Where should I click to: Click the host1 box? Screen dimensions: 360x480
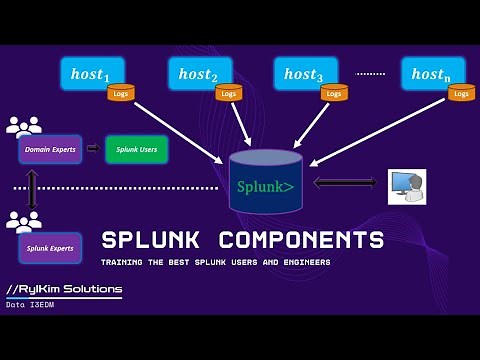(x=95, y=73)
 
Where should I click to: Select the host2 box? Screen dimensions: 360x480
(x=198, y=73)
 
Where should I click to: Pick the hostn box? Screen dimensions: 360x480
(x=431, y=73)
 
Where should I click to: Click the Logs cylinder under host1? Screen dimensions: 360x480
(x=120, y=93)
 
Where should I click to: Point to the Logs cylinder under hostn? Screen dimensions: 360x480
(x=461, y=93)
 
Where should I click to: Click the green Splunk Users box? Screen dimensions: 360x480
(x=137, y=149)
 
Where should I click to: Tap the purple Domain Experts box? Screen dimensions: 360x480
(x=49, y=149)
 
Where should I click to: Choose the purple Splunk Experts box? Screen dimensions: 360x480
(x=49, y=247)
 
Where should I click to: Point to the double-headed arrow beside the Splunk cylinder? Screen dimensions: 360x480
(x=345, y=182)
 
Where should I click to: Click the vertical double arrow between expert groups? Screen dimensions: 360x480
(x=33, y=189)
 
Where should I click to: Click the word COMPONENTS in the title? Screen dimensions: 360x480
(x=301, y=240)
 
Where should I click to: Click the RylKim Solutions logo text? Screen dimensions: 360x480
(x=64, y=290)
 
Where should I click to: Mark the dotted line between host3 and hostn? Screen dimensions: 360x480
(x=371, y=74)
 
